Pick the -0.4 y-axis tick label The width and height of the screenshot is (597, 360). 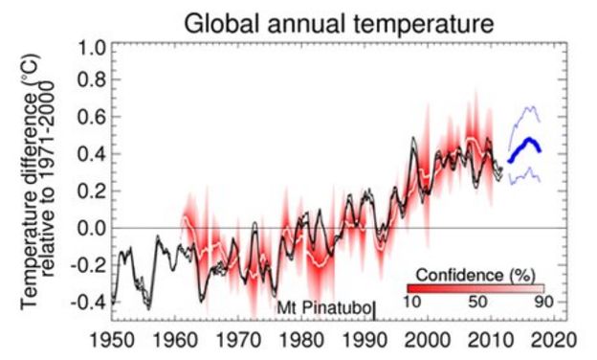click(x=83, y=301)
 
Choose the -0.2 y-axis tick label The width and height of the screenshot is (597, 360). click(x=83, y=264)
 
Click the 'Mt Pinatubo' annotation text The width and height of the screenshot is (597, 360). click(x=322, y=308)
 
